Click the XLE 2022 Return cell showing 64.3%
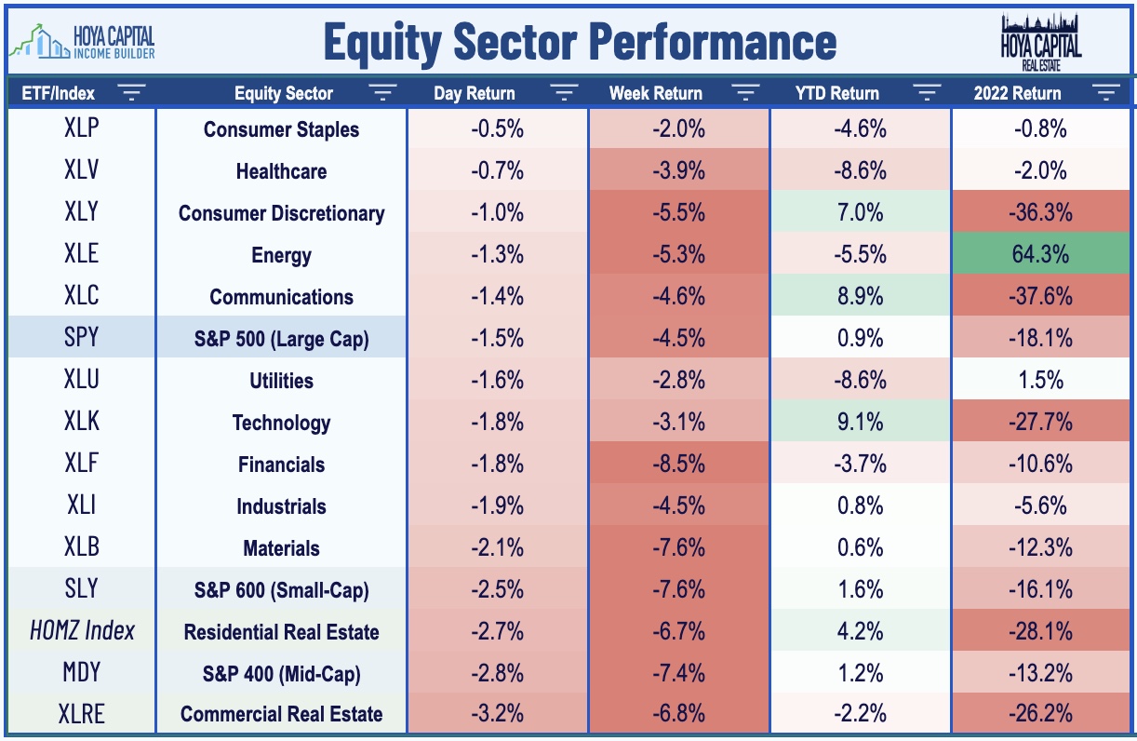point(1040,253)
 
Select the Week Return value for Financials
point(678,464)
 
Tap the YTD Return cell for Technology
point(861,421)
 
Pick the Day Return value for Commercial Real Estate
point(497,713)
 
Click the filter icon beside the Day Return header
point(564,92)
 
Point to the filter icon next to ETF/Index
point(131,92)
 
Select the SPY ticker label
point(81,337)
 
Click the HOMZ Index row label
point(82,631)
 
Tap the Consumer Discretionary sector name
point(281,213)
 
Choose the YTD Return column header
point(837,93)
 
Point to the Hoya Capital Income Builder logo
point(82,42)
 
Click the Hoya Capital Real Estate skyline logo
point(1041,43)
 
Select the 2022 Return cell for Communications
point(1040,296)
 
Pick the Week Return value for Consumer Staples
point(678,129)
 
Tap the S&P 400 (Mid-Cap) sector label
point(281,674)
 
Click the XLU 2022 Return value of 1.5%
point(1040,380)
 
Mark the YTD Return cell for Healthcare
point(861,169)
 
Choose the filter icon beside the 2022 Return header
point(1106,92)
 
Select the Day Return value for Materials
point(497,547)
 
